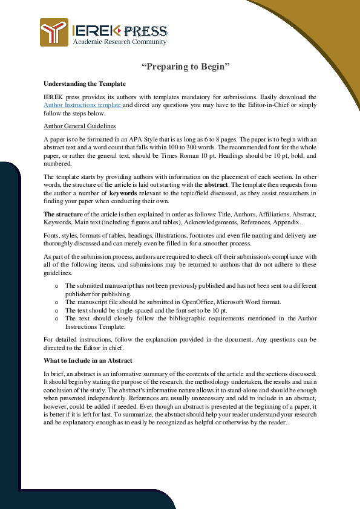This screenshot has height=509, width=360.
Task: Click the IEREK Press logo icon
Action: click(54, 32)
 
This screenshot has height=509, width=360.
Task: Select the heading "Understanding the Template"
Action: click(84, 83)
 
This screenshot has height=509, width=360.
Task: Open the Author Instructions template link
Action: click(83, 105)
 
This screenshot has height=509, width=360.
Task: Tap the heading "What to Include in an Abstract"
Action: click(88, 361)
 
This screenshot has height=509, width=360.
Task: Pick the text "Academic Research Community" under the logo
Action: click(119, 42)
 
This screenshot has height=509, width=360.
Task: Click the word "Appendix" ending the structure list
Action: click(286, 222)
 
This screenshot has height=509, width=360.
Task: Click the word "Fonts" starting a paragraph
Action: click(52, 235)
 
